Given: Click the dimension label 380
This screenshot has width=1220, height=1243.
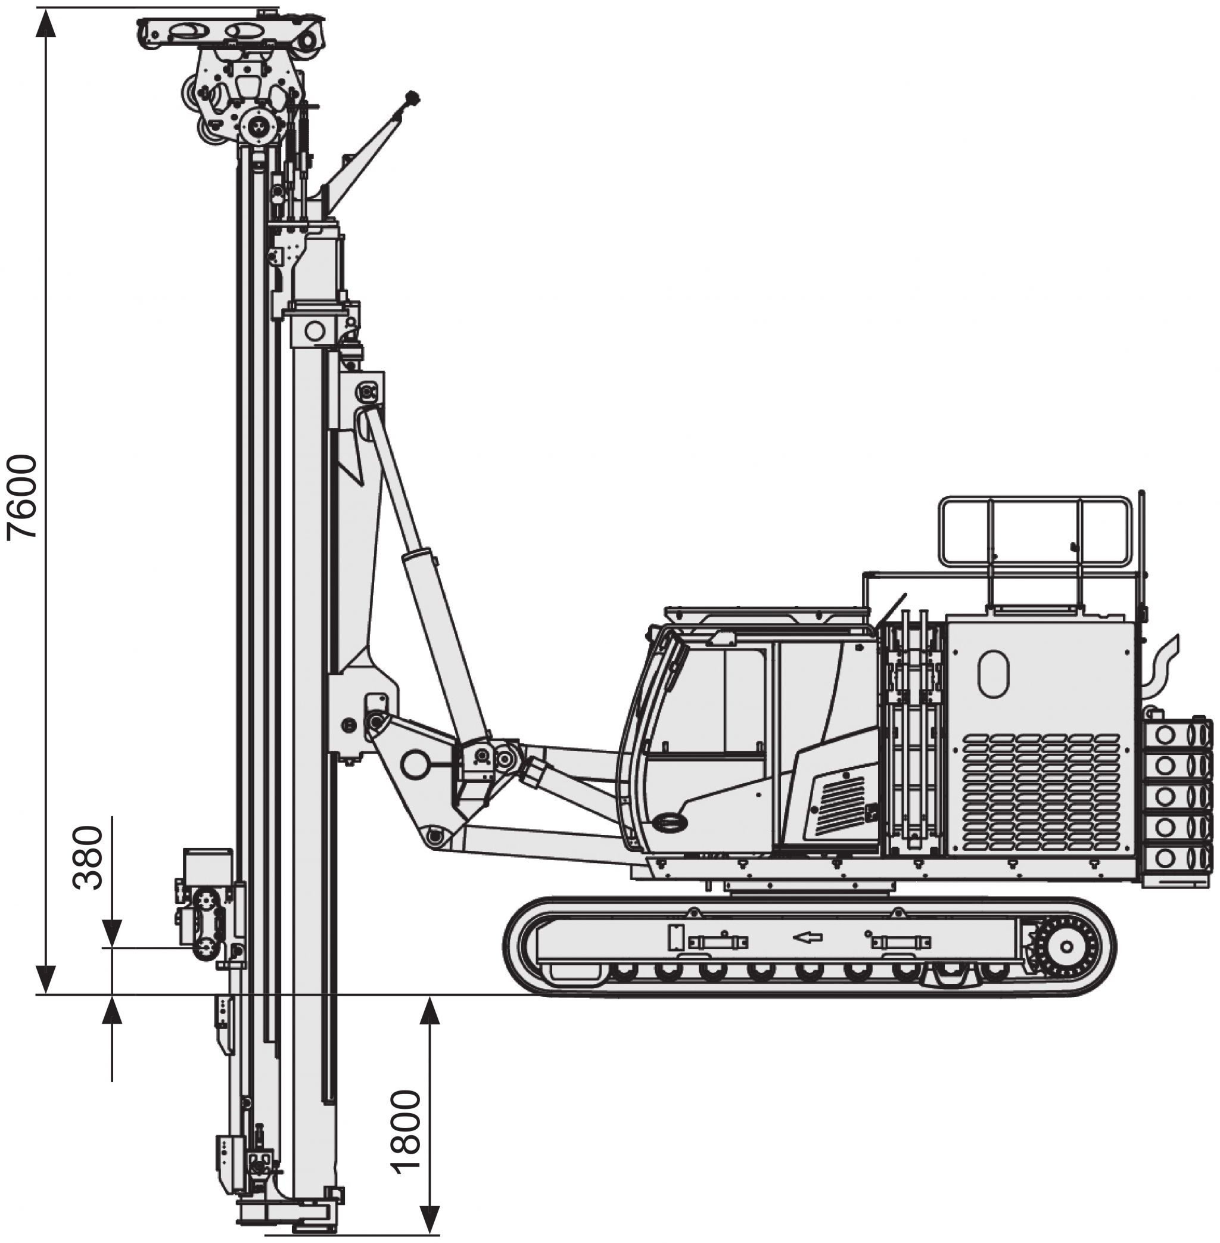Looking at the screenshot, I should click(88, 857).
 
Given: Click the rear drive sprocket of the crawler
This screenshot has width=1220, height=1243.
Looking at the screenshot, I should click(1066, 947).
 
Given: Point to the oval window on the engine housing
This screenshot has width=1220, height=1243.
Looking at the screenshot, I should click(993, 674).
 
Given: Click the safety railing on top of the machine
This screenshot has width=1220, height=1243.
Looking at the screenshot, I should click(1035, 532).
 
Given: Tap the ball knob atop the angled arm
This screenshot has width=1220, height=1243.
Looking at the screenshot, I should click(412, 98).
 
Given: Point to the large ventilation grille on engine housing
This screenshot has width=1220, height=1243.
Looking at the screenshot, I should click(1041, 793).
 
